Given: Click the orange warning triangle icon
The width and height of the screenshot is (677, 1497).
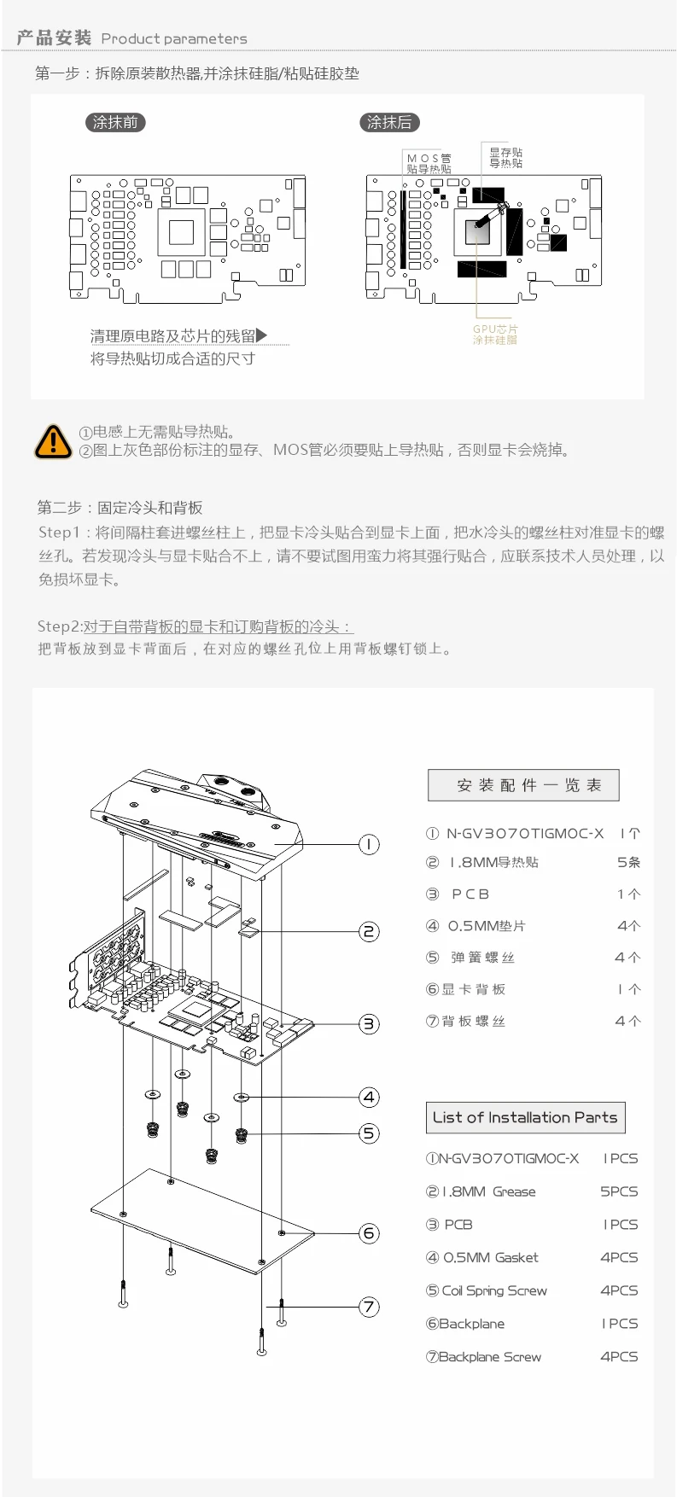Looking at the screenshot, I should point(53,441).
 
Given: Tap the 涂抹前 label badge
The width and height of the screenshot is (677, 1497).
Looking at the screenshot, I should point(115,122).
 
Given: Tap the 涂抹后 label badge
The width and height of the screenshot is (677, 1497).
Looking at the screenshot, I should point(389,122).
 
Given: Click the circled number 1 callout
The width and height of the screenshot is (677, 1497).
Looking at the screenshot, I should point(369,844).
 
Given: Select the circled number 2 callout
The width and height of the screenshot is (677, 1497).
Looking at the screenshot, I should point(369,931).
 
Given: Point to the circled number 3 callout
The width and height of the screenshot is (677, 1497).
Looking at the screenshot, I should point(369,1023).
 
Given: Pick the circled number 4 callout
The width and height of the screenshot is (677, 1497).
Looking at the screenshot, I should point(369,1097).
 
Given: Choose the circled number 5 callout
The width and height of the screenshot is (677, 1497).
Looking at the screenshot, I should point(369,1133).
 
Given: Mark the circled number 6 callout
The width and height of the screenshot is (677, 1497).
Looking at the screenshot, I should point(369,1232).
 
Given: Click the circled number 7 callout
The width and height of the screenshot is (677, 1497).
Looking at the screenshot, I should point(369,1306).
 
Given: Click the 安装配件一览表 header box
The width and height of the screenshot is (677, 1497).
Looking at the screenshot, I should point(523,785).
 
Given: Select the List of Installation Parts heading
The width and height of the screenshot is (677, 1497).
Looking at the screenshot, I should point(525,1117).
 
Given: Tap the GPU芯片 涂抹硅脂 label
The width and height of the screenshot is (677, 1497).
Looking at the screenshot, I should point(495,335).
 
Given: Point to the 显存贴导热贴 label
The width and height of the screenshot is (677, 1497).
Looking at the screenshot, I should point(505,157).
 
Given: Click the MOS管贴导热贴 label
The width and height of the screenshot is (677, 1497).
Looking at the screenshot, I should point(429,163).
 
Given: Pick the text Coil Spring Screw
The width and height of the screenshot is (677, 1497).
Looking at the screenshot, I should point(494,1290).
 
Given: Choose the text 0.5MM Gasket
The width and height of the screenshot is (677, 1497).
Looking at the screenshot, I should point(491,1257).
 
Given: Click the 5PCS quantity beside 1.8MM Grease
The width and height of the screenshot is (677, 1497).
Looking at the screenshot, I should point(619,1191).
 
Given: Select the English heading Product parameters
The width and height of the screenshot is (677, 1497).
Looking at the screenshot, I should point(174,38).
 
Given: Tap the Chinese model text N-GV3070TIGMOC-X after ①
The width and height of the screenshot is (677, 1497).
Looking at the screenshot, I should point(525,834).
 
